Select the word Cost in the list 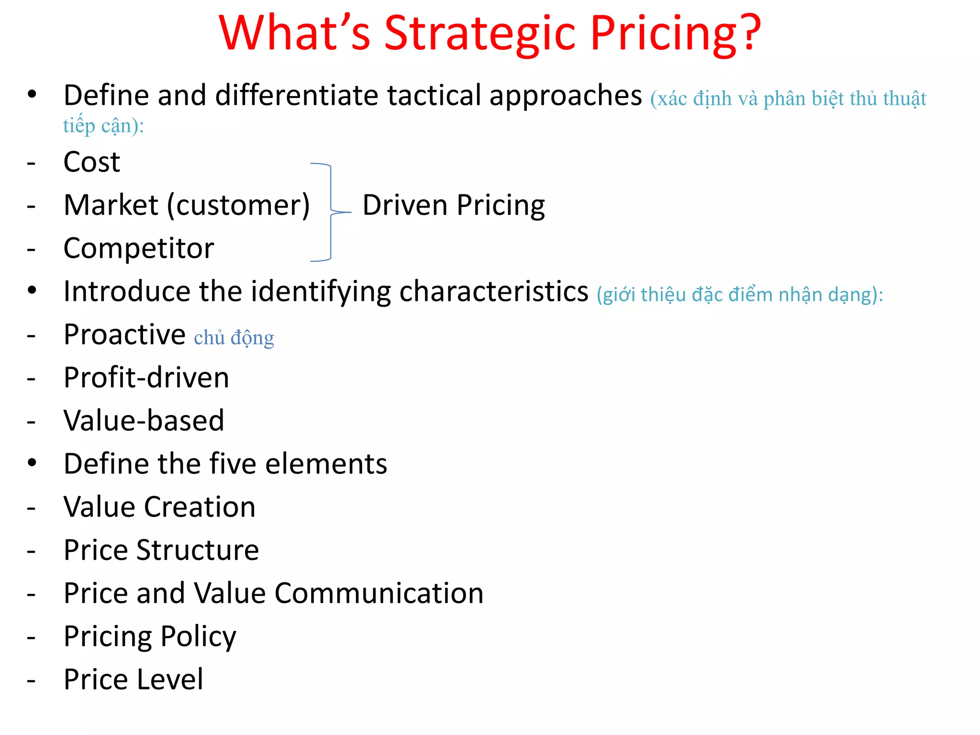tap(91, 162)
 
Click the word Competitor tap(139, 248)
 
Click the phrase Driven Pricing tap(454, 205)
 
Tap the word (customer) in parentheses tap(238, 206)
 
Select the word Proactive tap(124, 334)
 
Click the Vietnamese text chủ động tap(234, 338)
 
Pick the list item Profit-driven tap(146, 378)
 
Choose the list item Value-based tap(144, 421)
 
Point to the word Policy tap(198, 637)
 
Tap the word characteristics tap(493, 291)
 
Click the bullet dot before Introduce tap(32, 290)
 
